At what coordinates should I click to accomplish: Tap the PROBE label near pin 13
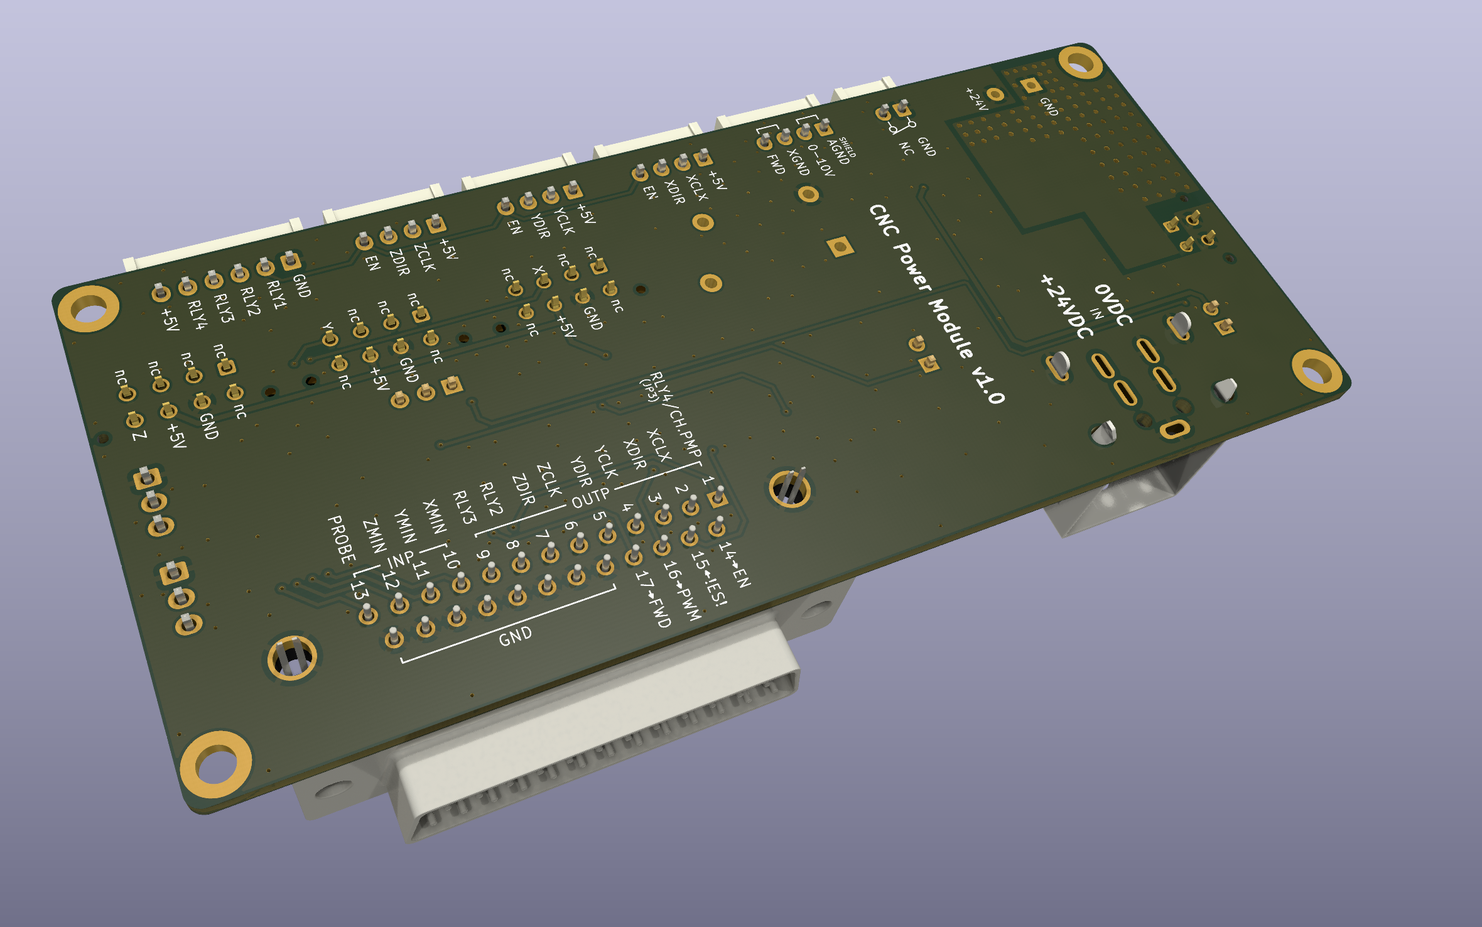click(342, 539)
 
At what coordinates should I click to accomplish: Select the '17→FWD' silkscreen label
click(654, 599)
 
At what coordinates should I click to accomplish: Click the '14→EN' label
click(735, 564)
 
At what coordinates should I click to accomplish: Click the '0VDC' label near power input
click(1113, 305)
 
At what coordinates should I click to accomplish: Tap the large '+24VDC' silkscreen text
click(1066, 306)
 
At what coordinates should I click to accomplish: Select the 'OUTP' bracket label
click(590, 497)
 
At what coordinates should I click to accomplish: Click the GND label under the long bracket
click(515, 637)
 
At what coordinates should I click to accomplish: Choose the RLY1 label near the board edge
click(276, 295)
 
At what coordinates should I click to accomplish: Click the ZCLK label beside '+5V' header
click(425, 257)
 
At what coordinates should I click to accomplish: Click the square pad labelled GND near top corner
click(1030, 85)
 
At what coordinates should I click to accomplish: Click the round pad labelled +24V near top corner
click(995, 94)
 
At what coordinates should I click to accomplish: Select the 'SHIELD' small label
click(848, 147)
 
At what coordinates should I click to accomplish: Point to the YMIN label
click(405, 526)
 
